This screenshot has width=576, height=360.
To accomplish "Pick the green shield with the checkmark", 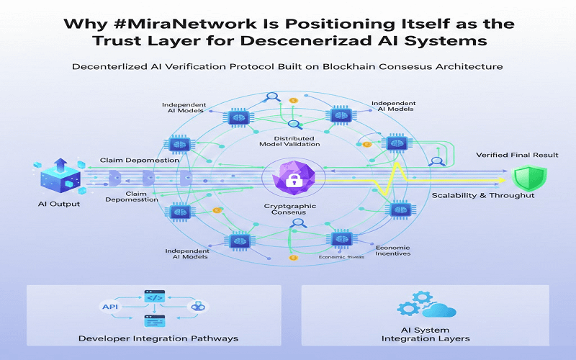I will click(x=529, y=178).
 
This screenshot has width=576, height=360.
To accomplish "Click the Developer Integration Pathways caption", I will click(x=158, y=338).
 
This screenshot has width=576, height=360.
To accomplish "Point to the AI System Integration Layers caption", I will click(x=425, y=333).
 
